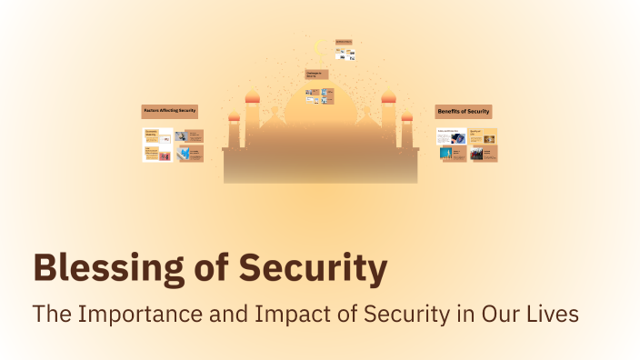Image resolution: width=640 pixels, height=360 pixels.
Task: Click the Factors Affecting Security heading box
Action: pyautogui.click(x=170, y=111)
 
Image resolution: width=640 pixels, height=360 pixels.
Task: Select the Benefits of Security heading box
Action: pyautogui.click(x=464, y=112)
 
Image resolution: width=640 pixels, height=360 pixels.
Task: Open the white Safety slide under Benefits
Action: pyautogui.click(x=452, y=137)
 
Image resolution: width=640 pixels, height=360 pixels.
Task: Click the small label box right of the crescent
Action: pyautogui.click(x=343, y=42)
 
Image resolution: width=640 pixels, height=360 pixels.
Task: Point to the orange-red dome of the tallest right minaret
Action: pyautogui.click(x=389, y=96)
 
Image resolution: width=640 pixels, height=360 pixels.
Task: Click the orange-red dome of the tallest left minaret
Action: pyautogui.click(x=252, y=96)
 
